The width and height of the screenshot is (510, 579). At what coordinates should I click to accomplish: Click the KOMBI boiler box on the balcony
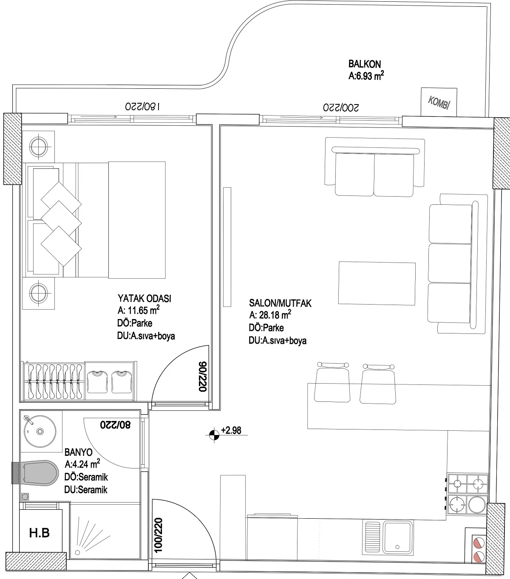point(439,102)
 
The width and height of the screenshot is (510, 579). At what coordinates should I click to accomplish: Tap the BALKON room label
point(365,64)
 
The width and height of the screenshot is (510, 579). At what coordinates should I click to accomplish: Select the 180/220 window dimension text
point(142,106)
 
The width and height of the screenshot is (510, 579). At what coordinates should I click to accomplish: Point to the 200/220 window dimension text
point(341,107)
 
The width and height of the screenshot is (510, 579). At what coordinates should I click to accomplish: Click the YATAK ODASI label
point(144,298)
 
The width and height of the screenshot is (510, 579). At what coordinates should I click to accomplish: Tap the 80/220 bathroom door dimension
point(115,425)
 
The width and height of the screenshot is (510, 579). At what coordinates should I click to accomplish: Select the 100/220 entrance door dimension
point(158,535)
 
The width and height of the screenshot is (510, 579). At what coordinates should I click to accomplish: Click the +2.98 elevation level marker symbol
point(214,435)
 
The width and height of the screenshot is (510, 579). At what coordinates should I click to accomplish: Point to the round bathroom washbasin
point(40,431)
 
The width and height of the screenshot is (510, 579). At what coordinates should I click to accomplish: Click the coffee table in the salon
point(377,283)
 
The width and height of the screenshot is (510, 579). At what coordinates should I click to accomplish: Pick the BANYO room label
point(78,452)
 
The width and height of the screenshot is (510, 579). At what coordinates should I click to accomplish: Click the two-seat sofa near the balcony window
point(374,167)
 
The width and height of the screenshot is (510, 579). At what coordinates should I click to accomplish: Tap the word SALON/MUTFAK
point(280,303)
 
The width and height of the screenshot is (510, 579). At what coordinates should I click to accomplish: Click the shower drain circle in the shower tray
point(77,553)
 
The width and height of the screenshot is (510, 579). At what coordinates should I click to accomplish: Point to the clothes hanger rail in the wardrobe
point(54,381)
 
